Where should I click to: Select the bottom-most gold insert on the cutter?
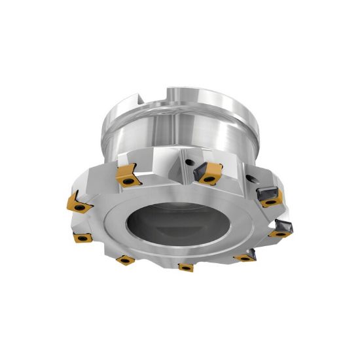pyautogui.click(x=185, y=267)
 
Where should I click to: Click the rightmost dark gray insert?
pyautogui.click(x=282, y=228)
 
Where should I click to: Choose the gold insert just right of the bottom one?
pyautogui.click(x=244, y=257)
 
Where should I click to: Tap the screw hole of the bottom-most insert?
pyautogui.click(x=186, y=268)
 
